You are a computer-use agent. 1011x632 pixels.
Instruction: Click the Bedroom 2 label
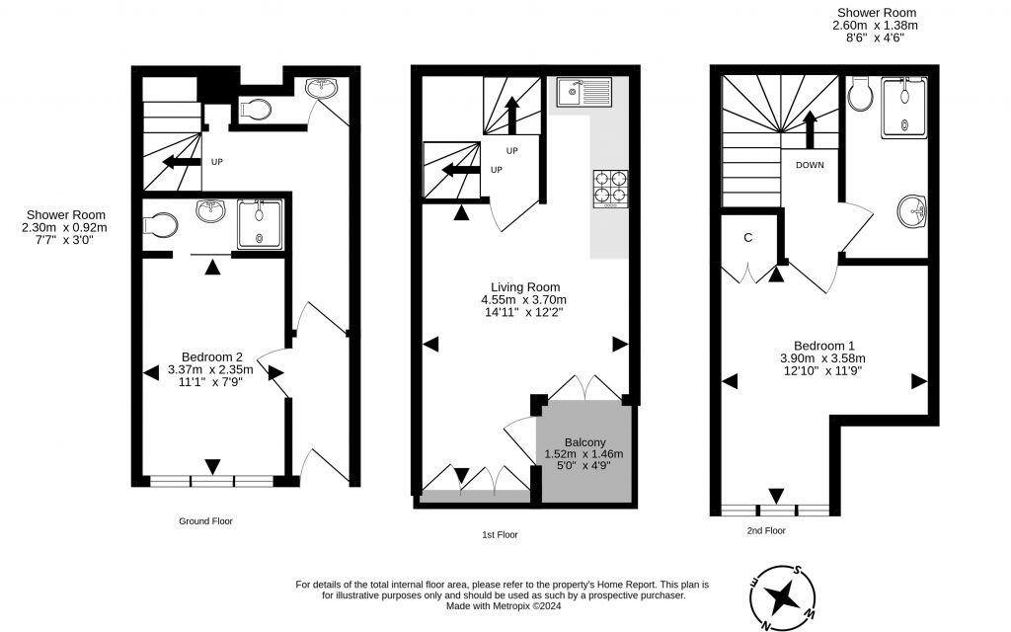click(211, 356)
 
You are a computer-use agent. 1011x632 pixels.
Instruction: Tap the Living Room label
click(522, 287)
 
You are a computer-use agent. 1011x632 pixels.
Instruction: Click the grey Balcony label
click(584, 441)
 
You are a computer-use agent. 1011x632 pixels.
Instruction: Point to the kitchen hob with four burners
click(610, 190)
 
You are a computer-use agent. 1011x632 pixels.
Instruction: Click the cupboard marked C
click(748, 237)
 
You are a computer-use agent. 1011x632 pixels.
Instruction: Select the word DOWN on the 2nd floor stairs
click(810, 165)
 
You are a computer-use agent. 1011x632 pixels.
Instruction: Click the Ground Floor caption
click(205, 520)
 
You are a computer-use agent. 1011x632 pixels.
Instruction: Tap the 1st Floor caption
click(500, 534)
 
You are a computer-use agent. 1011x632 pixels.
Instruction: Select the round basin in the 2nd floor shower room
click(912, 210)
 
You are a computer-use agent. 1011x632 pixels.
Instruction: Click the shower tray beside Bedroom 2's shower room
click(259, 223)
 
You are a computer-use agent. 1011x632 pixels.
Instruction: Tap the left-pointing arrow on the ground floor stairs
click(181, 162)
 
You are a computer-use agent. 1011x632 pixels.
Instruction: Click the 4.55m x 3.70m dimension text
click(522, 300)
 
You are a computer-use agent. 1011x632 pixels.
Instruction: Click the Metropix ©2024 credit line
click(503, 606)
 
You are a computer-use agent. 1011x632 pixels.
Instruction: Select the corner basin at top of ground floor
click(323, 89)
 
